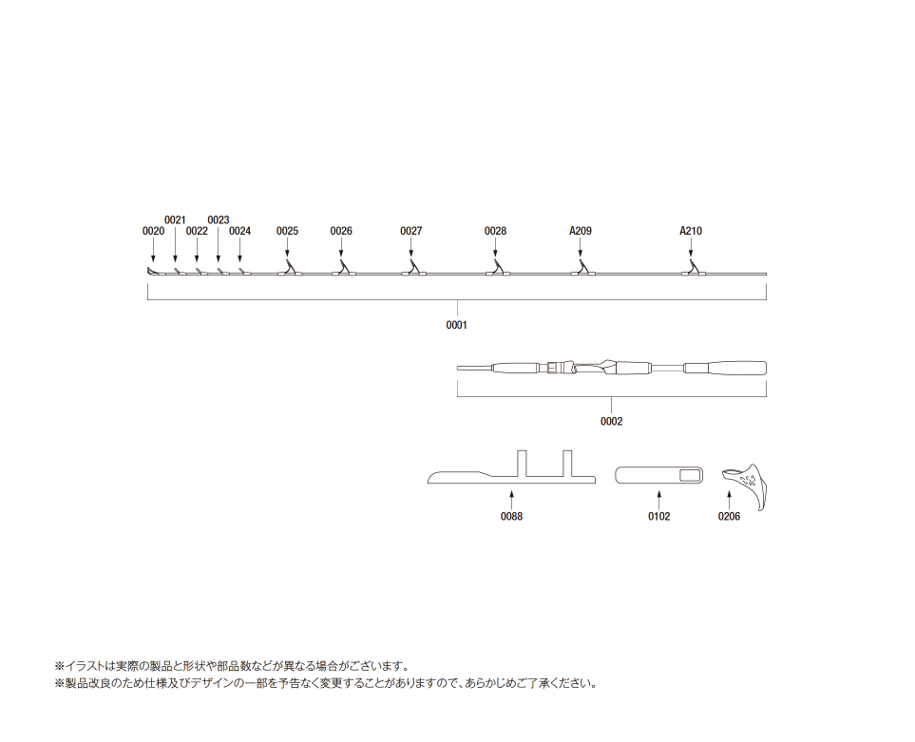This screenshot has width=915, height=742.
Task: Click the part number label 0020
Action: tap(154, 231)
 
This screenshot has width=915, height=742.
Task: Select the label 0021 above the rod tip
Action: tap(175, 219)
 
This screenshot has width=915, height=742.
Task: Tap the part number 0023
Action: tap(219, 219)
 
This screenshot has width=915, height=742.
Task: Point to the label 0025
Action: tap(287, 231)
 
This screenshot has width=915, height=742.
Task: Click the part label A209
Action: tap(581, 231)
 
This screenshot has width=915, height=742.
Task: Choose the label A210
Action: tap(691, 231)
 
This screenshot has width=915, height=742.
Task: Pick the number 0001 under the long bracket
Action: tap(457, 325)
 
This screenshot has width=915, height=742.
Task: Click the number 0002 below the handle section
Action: tap(612, 421)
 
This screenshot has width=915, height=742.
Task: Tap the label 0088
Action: tap(512, 516)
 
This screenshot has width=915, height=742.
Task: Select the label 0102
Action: tap(659, 516)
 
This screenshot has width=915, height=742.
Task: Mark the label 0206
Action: tap(730, 516)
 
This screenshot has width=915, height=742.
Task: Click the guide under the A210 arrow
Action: tap(694, 269)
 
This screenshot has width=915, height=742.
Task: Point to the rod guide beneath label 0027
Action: tap(413, 269)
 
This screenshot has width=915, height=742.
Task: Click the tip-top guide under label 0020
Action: tap(153, 272)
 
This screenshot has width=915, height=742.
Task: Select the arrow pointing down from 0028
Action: tap(495, 247)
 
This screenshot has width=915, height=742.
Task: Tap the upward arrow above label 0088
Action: tap(512, 501)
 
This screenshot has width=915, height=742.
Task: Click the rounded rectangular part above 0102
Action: tap(659, 475)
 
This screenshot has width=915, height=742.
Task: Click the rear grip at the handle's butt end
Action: tap(725, 369)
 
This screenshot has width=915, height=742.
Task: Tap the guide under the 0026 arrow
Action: tap(343, 269)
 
